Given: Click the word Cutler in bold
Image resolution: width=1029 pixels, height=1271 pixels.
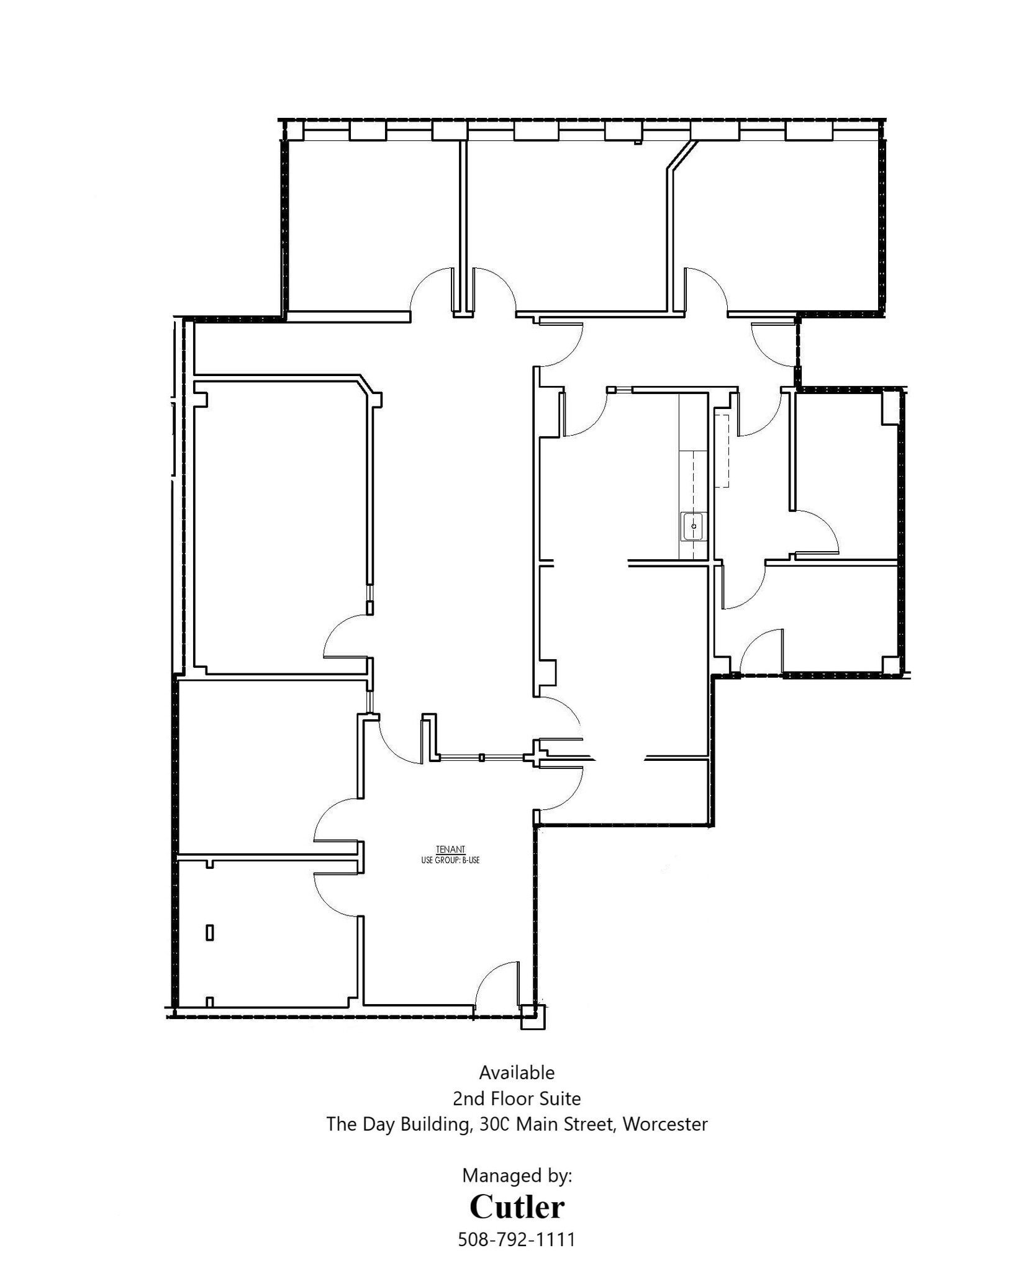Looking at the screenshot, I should (x=516, y=1206).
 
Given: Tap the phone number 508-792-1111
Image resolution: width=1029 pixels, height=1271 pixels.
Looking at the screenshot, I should (x=516, y=1239).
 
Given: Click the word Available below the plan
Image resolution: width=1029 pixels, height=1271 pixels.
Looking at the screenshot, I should (x=516, y=1089).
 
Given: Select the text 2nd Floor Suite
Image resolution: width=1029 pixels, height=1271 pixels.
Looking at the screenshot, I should (x=516, y=1115).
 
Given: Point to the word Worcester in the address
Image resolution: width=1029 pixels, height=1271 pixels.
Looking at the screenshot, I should (x=664, y=1141).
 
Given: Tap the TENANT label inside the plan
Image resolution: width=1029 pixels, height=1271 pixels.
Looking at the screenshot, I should (x=450, y=849).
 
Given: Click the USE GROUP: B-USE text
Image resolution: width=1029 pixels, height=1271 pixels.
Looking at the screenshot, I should (x=450, y=860).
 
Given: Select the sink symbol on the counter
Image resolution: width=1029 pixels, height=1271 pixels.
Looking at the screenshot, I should (x=694, y=526).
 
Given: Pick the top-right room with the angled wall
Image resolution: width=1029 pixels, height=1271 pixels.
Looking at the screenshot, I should (x=776, y=223).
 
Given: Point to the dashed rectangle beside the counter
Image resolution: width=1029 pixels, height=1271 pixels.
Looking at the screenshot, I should (x=723, y=449).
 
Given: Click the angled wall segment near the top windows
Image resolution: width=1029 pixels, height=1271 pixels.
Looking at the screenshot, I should (x=679, y=155).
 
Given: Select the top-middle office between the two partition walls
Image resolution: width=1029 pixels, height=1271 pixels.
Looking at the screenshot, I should (x=562, y=223).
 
